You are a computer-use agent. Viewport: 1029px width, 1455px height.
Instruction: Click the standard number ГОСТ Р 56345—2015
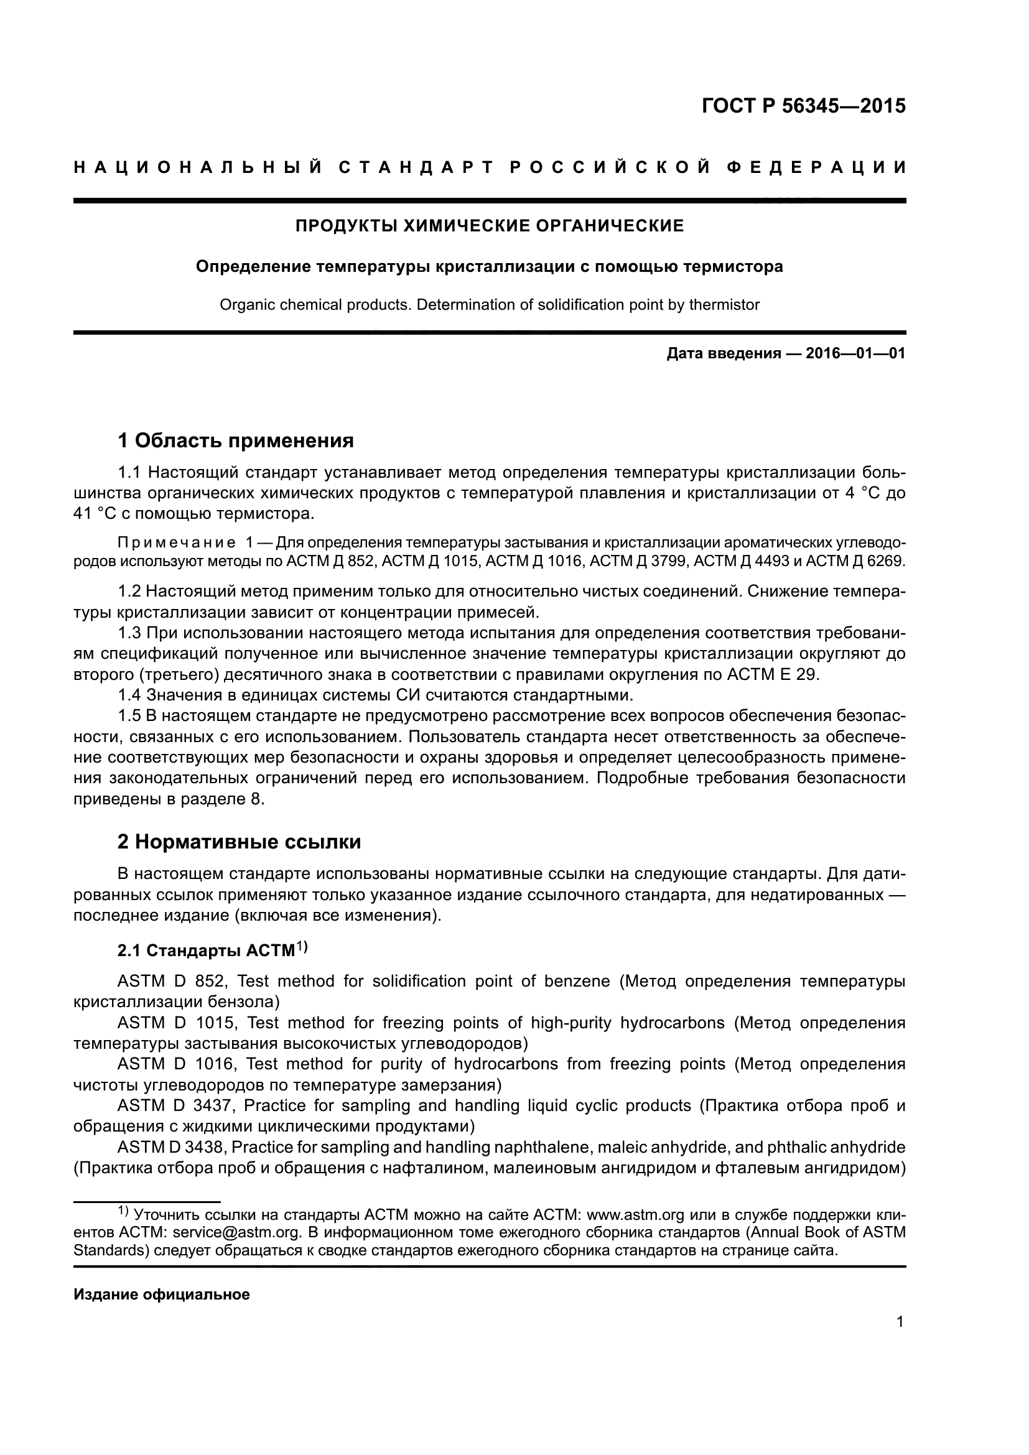pyautogui.click(x=803, y=106)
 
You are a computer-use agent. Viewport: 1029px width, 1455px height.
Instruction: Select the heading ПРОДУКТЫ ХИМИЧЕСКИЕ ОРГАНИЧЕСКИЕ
pyautogui.click(x=490, y=226)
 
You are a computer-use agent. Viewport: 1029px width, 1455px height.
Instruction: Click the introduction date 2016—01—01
pyautogui.click(x=855, y=353)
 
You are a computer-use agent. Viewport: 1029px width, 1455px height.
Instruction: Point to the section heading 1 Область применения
pyautogui.click(x=236, y=440)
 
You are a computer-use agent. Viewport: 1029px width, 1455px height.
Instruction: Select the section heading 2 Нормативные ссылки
pyautogui.click(x=240, y=842)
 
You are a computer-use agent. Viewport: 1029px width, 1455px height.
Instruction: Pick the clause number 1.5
pyautogui.click(x=130, y=716)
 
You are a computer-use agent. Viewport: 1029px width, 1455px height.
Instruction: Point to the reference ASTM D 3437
pyautogui.click(x=175, y=1106)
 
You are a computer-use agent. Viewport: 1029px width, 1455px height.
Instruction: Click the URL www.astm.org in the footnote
pyautogui.click(x=636, y=1232)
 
